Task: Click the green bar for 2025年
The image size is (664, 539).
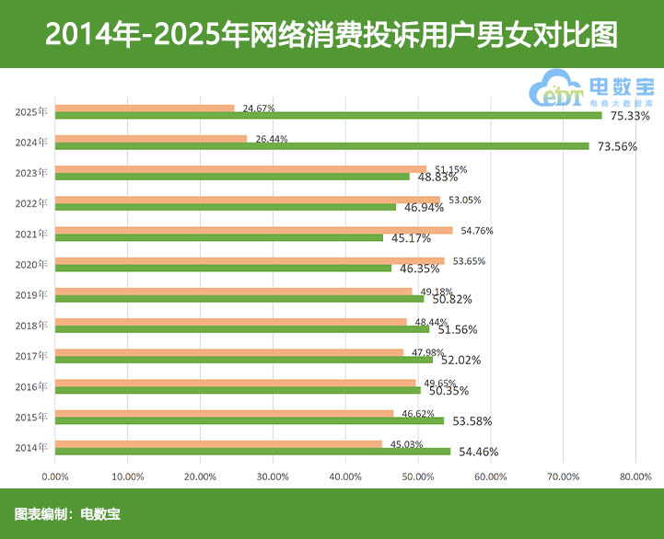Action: tap(328, 116)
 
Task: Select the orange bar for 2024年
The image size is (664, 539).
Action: tap(151, 139)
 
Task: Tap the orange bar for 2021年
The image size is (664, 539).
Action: tap(254, 230)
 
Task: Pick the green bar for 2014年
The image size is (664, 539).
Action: tap(253, 451)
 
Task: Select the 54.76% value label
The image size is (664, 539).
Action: tap(478, 230)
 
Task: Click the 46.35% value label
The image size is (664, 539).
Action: tap(420, 269)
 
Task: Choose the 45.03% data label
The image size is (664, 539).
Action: tap(406, 443)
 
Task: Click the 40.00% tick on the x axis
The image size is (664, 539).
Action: tap(344, 476)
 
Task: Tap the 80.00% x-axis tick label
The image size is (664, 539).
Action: tap(635, 476)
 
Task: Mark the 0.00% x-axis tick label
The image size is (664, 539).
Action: tap(56, 476)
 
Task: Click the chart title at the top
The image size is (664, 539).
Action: tap(332, 34)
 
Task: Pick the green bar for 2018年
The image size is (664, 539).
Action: tap(242, 328)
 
